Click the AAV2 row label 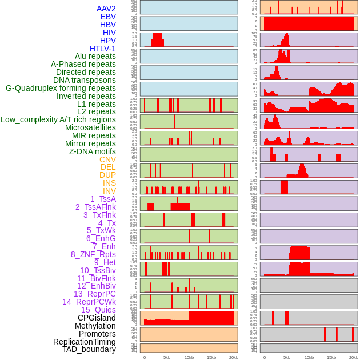point(106,9)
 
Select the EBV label point(108,17)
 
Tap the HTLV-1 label point(103,49)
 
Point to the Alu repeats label point(95,56)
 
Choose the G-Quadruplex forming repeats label point(61,88)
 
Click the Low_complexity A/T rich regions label point(58,119)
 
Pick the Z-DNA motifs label point(92,151)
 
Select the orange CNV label point(107,159)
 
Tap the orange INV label point(109,191)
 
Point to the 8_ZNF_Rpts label point(93,254)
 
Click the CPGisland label point(97,318)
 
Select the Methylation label point(95,326)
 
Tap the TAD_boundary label point(89,349)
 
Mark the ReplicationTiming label point(85,342)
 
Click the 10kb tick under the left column point(189,357)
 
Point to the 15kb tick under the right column point(331,357)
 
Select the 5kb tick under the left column point(167,357)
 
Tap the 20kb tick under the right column point(354,357)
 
